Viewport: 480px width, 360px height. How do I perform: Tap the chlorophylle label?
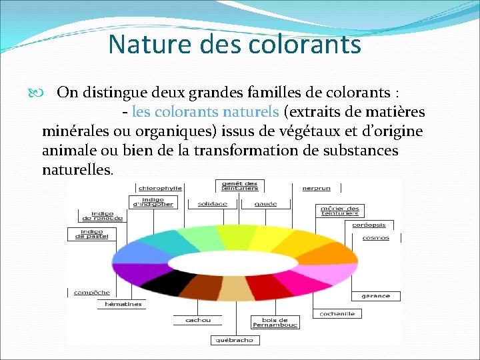pos(160,188)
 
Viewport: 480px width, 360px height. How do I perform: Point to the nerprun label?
pos(316,188)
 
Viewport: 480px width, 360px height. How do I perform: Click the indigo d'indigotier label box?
pos(153,201)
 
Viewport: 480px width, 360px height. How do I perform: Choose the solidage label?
pos(212,203)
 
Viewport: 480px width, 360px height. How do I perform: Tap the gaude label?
pos(266,203)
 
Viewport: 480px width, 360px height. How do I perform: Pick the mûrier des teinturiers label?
pos(340,211)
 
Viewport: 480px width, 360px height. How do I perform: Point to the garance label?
pos(376,295)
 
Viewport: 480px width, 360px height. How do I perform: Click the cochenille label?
pos(337,313)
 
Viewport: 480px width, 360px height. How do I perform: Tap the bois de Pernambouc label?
pos(275,322)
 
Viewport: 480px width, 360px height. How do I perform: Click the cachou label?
pos(197,320)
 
